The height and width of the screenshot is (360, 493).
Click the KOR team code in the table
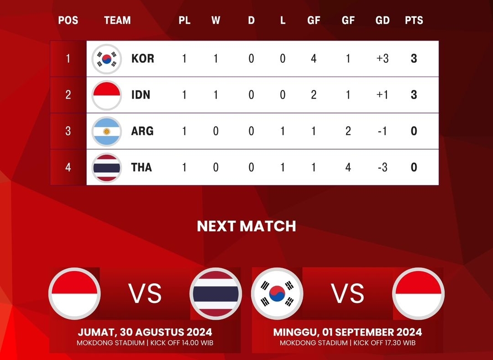pos(142,59)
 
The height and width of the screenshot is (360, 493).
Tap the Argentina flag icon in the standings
pos(106,131)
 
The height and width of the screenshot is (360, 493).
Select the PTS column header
pos(414,21)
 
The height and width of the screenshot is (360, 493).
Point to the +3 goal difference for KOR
pos(383,59)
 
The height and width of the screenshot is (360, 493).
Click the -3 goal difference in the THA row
pos(383,167)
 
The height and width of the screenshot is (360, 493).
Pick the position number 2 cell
pos(68,95)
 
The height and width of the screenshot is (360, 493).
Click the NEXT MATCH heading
pos(246,226)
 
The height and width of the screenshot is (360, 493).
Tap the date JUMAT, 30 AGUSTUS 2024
pos(145,332)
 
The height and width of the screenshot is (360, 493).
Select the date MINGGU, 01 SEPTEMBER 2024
pos(347,332)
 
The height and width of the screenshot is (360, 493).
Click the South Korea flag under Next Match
pos(278,293)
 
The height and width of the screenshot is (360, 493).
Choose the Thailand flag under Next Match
pos(215,293)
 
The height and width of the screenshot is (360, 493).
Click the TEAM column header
pos(117,21)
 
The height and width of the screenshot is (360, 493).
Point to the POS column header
pos(68,21)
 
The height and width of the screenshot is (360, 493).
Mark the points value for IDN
pos(414,95)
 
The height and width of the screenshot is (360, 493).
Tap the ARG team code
pos(142,131)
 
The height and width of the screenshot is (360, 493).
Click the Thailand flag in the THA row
pos(106,167)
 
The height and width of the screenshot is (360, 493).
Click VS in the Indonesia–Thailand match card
pos(145,293)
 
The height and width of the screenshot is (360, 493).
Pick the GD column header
pos(383,21)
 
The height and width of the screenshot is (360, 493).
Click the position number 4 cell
pos(68,167)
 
